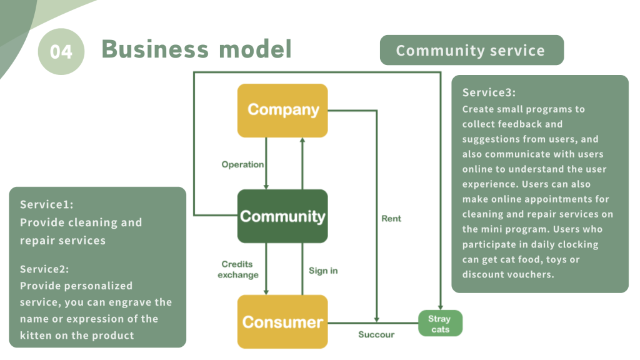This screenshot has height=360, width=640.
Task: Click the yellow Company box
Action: tap(282, 110)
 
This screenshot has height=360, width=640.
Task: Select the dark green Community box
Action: tap(282, 216)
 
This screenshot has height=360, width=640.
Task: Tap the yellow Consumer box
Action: tap(282, 322)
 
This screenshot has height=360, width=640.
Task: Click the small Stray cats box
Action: tap(440, 324)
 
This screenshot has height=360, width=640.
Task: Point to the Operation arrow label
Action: tap(242, 164)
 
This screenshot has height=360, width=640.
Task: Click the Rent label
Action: tap(391, 219)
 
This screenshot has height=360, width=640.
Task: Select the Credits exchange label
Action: tap(237, 269)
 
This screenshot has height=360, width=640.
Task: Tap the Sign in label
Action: tap(323, 271)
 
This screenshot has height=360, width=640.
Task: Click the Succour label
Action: tap(376, 334)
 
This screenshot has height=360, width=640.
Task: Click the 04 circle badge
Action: tap(61, 51)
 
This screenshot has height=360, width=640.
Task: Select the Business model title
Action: tap(196, 49)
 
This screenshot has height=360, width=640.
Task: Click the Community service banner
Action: tap(471, 51)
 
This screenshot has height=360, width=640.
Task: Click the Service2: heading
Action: tap(44, 269)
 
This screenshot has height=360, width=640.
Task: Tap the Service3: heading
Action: tap(489, 92)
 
